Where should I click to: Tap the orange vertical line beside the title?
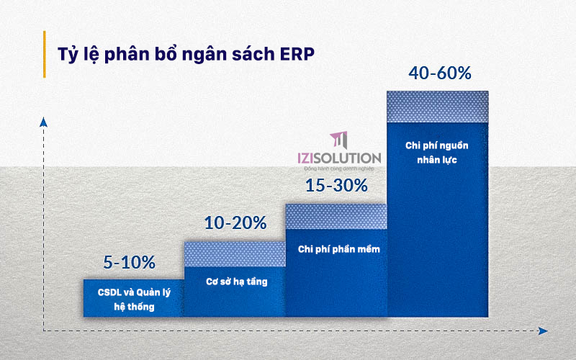click(x=45, y=54)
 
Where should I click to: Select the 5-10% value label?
click(x=129, y=262)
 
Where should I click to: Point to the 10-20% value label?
click(x=235, y=223)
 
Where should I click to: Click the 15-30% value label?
click(x=336, y=185)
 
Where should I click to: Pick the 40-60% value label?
click(x=439, y=73)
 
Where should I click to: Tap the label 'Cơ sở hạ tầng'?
click(x=236, y=282)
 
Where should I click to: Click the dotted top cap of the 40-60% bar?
click(x=438, y=106)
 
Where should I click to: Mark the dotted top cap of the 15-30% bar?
click(x=336, y=216)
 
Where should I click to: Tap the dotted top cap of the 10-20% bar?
click(x=235, y=254)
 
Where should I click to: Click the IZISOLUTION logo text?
click(x=339, y=157)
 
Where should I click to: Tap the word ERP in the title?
click(x=296, y=55)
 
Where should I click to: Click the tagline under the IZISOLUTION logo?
click(x=345, y=168)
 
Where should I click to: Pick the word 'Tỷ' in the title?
click(x=67, y=55)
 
